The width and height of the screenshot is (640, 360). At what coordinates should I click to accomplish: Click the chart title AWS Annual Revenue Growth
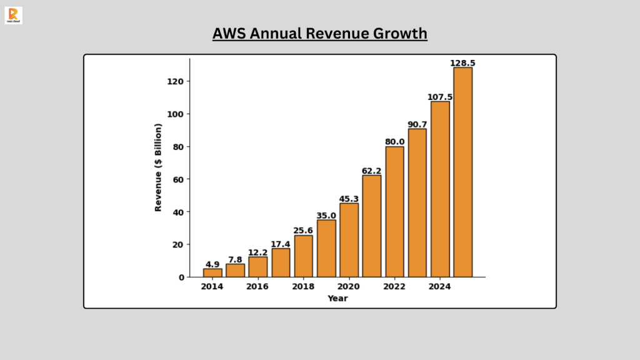tap(319, 33)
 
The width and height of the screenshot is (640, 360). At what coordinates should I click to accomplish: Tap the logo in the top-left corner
tap(13, 15)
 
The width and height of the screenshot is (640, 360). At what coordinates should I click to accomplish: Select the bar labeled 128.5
tap(462, 172)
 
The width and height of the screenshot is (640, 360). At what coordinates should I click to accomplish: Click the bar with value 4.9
tap(212, 272)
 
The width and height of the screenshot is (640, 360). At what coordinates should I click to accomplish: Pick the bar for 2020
tap(349, 240)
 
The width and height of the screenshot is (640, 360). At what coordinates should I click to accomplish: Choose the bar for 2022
tap(394, 212)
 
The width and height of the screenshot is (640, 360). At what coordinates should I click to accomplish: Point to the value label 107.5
tap(440, 97)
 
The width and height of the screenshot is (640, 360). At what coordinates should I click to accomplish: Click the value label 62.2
tap(371, 171)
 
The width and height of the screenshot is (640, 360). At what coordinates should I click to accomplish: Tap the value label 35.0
tap(326, 216)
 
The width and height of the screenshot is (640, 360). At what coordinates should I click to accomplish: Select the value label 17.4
tap(281, 244)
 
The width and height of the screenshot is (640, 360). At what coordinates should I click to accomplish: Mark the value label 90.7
tap(417, 124)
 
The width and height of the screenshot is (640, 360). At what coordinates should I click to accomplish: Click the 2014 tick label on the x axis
tap(212, 286)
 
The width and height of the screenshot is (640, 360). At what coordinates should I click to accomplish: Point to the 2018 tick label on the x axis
tap(303, 286)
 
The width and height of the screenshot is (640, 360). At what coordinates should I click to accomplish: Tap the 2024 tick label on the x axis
tap(440, 286)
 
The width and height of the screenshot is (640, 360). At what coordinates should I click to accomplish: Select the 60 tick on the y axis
tap(178, 179)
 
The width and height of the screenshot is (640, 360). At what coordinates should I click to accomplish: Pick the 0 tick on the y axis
tap(181, 277)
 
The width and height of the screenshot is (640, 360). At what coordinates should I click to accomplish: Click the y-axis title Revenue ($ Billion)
tap(158, 167)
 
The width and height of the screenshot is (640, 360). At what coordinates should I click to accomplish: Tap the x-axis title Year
tap(337, 298)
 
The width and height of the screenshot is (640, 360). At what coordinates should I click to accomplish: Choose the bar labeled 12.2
tap(257, 267)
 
